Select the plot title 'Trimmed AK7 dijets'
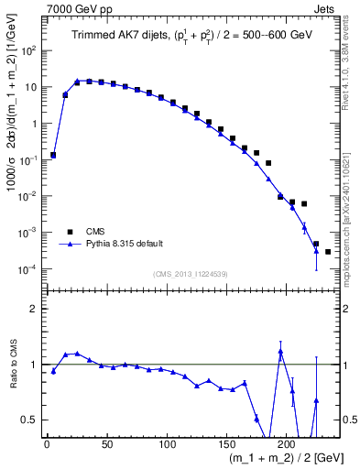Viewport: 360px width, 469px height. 117,36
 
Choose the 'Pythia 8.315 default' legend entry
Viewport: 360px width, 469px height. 124,244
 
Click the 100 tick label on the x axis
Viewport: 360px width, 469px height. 167,444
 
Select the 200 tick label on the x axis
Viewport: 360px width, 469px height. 288,444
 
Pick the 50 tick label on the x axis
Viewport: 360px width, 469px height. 107,444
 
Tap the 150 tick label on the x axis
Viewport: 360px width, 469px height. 227,444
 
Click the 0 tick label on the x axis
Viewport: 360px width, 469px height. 47,444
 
